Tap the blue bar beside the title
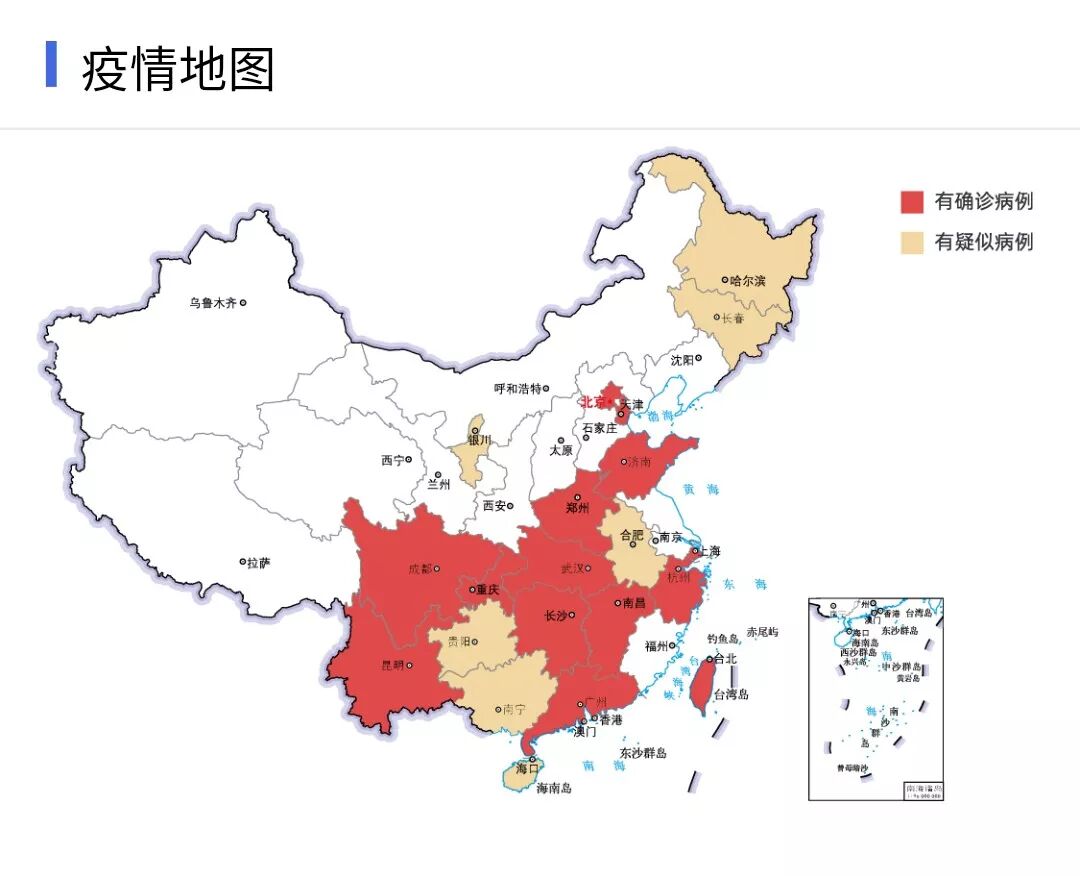pyautogui.click(x=51, y=65)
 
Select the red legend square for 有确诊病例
pyautogui.click(x=911, y=202)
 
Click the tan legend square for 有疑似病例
pyautogui.click(x=911, y=242)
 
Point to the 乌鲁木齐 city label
pyautogui.click(x=212, y=302)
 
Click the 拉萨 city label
pyautogui.click(x=259, y=563)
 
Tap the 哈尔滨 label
pyautogui.click(x=747, y=281)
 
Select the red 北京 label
pyautogui.click(x=593, y=402)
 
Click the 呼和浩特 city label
pyautogui.click(x=517, y=388)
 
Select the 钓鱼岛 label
pyautogui.click(x=722, y=638)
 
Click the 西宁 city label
pyautogui.click(x=392, y=460)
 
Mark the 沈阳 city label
pyautogui.click(x=681, y=359)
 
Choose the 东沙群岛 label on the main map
pyautogui.click(x=642, y=753)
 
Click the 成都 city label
pyautogui.click(x=420, y=569)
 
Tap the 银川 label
pyautogui.click(x=480, y=440)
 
